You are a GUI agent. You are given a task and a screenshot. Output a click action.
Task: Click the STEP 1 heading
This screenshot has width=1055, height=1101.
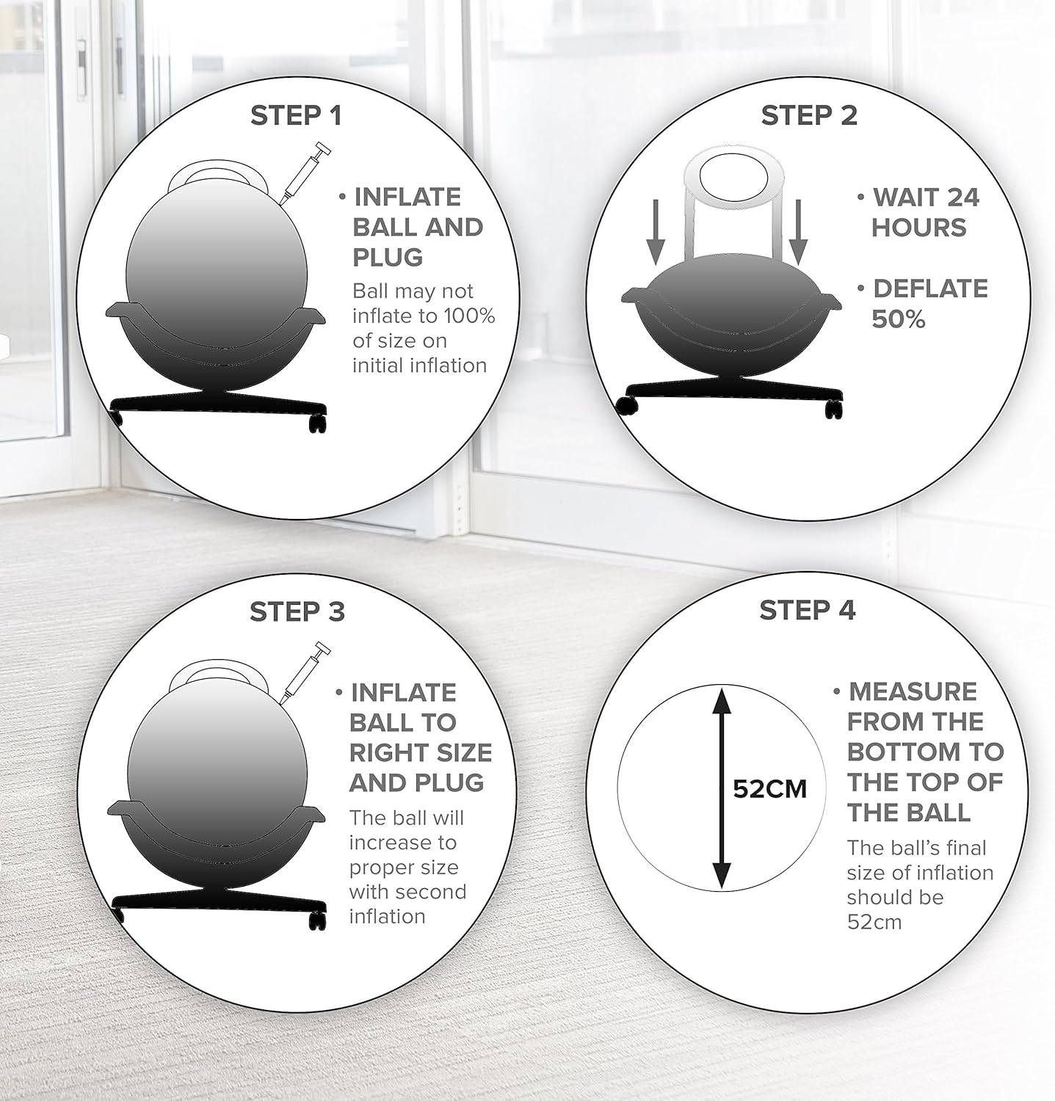coord(296,116)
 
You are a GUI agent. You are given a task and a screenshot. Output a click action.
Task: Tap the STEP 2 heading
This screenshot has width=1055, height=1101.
coord(808,115)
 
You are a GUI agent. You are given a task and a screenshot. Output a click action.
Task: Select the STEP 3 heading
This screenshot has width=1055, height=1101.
coord(297,611)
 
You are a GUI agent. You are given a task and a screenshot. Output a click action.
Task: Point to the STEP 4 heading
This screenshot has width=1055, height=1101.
coord(807,610)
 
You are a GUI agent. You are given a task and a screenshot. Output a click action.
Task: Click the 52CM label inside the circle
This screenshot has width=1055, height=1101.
coord(769,789)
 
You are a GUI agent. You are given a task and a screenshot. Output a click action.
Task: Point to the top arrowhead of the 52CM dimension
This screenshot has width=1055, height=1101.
coord(722,700)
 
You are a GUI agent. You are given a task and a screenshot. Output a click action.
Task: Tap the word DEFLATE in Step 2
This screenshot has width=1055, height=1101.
coord(929,288)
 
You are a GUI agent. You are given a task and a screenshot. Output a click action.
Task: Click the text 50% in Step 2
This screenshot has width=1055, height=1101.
coord(898,319)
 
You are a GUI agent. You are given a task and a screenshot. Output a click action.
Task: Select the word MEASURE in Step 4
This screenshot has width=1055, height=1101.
coord(913,691)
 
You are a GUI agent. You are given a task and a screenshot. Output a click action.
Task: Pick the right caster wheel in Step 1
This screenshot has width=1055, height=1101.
coord(317,422)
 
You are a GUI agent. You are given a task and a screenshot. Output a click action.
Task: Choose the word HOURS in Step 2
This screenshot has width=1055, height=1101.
coord(918,228)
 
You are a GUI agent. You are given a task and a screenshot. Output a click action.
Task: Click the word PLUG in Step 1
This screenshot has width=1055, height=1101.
coord(388,258)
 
